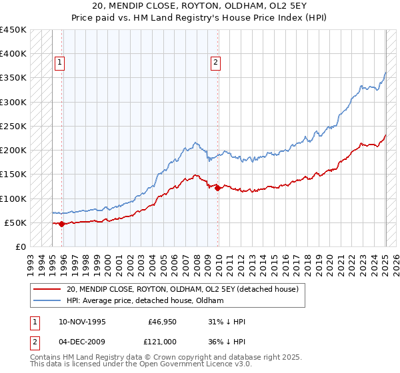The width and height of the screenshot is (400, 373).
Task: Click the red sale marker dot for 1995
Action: click(61, 224)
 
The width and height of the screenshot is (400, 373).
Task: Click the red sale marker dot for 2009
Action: click(218, 188)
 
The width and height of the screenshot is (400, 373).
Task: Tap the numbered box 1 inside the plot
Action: click(59, 63)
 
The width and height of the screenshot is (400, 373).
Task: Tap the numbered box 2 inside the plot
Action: click(215, 63)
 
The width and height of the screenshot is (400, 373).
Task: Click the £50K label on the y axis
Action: click(15, 222)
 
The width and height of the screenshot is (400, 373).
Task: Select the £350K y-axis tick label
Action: click(13, 78)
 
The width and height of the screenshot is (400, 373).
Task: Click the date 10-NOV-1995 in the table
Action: click(80, 322)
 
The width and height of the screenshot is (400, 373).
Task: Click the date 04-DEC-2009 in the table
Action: click(80, 340)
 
